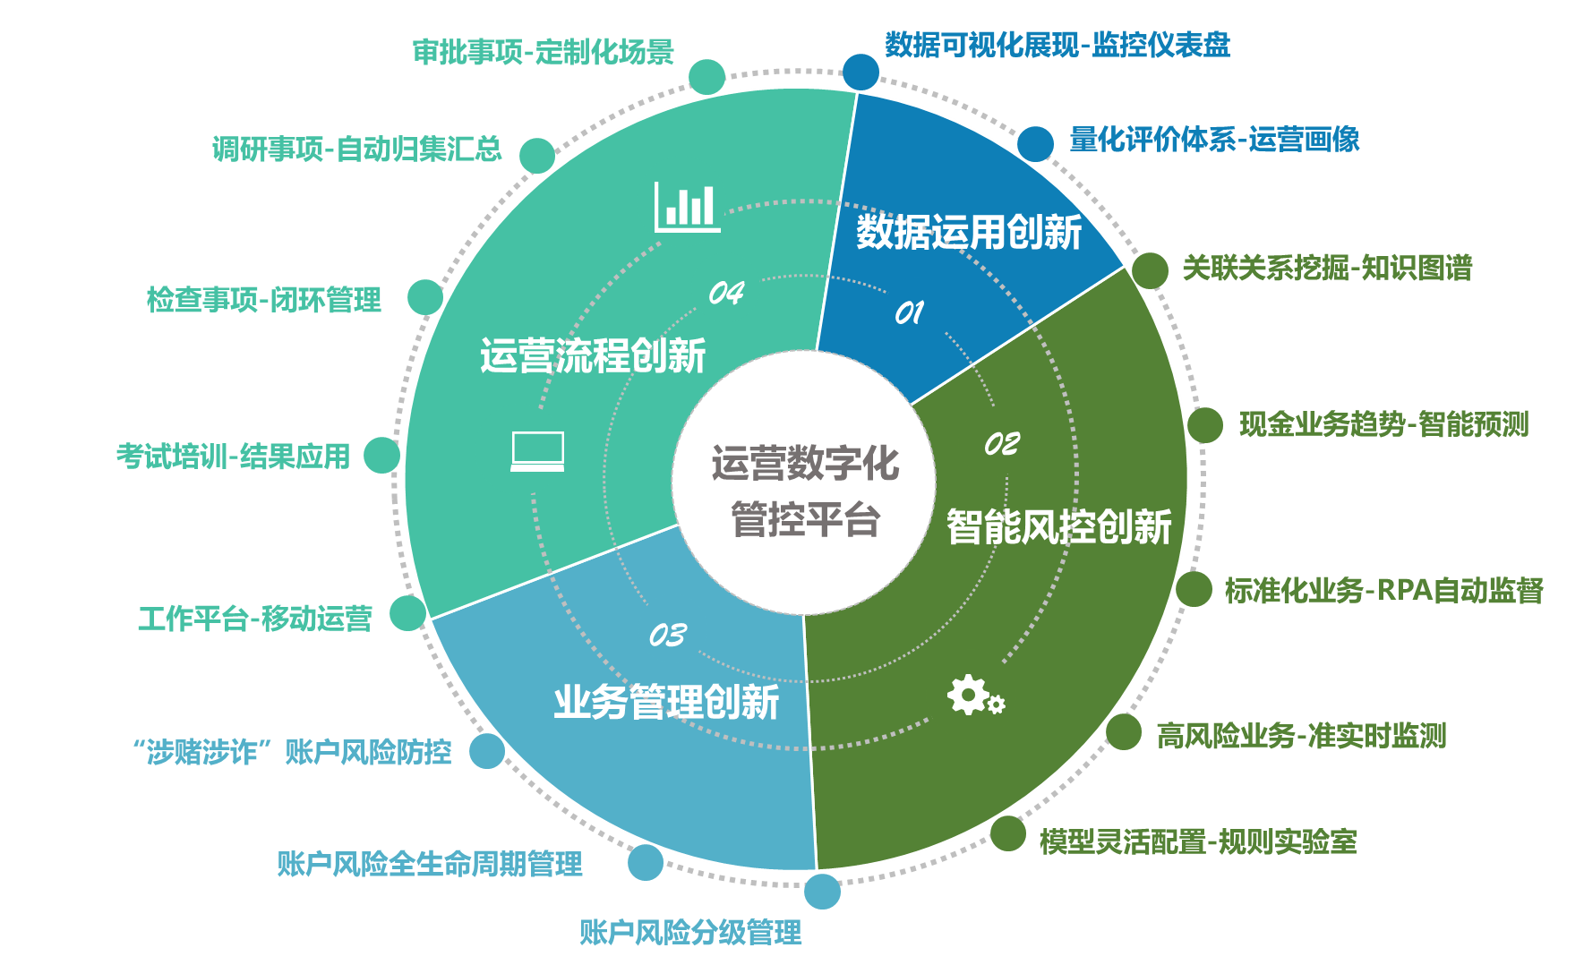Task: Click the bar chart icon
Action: [687, 207]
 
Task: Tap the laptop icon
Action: [537, 451]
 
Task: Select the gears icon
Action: [976, 696]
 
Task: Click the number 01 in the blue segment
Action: [909, 312]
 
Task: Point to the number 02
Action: [1002, 444]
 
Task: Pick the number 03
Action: [668, 636]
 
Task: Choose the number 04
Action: [726, 293]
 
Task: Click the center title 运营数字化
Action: [805, 464]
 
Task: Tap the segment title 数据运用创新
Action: [969, 233]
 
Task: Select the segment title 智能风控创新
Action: [1059, 526]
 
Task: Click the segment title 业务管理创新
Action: [667, 702]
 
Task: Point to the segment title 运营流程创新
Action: [593, 355]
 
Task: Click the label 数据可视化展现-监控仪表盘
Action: [1057, 45]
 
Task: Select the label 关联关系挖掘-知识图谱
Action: [1327, 268]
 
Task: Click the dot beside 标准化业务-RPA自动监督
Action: [1194, 589]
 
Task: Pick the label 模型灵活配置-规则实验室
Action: [1198, 841]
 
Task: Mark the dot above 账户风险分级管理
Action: [822, 891]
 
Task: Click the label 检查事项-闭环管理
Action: [264, 299]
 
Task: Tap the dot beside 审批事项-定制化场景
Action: [707, 77]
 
